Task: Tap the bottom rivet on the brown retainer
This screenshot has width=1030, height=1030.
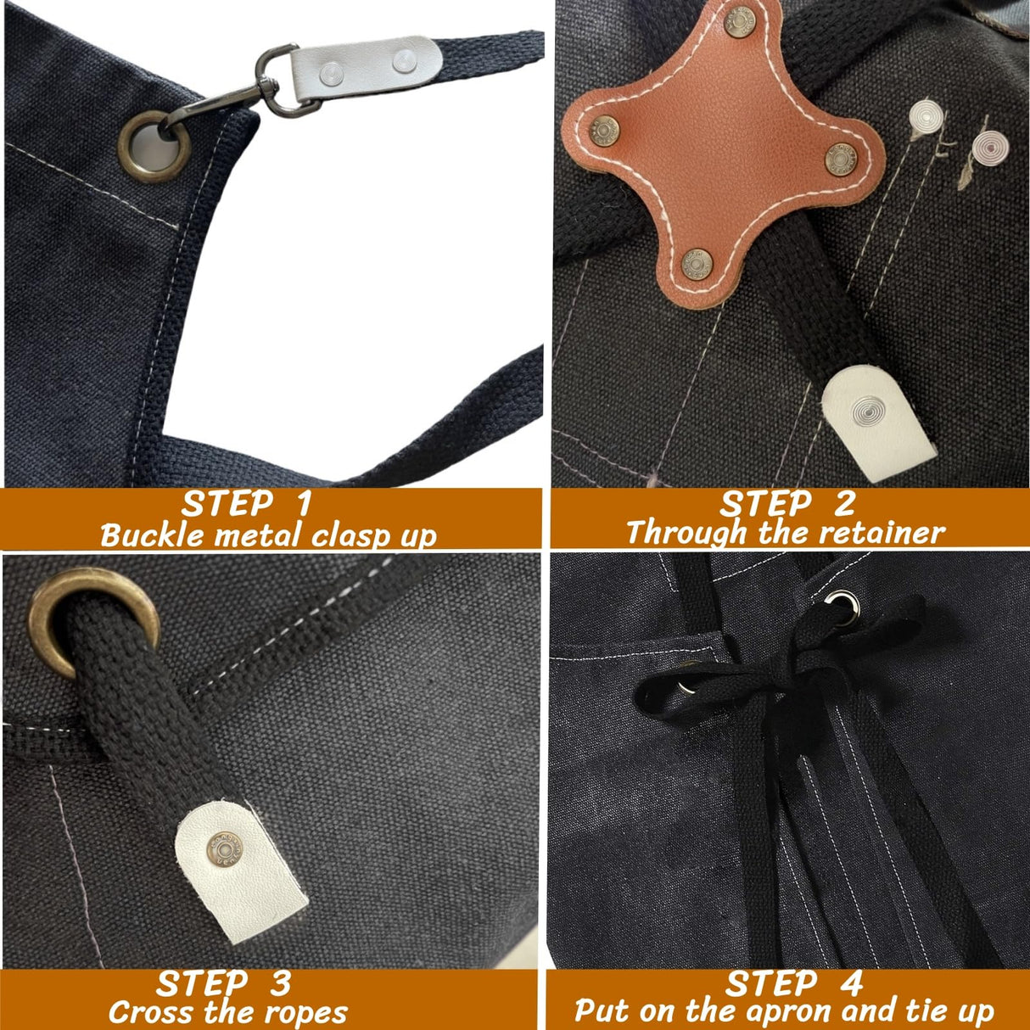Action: [697, 264]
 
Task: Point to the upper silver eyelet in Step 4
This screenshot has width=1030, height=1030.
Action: [844, 603]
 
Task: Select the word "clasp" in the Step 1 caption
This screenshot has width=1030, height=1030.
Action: [352, 535]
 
